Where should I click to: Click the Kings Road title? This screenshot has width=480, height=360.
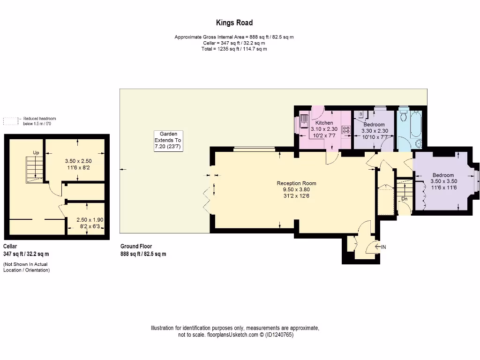(x=234, y=22)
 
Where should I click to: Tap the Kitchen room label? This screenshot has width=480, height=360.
(x=324, y=123)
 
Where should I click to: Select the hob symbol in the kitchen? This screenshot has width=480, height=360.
(x=346, y=130)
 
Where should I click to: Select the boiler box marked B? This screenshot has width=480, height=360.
(x=360, y=114)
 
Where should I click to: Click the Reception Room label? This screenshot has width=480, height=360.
(x=296, y=183)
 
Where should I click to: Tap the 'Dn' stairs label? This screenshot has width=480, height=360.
(x=404, y=199)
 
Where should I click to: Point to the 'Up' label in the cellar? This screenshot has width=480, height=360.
(x=36, y=153)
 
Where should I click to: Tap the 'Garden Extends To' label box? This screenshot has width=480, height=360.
(x=168, y=140)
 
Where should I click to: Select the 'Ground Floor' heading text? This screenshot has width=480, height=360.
(x=136, y=247)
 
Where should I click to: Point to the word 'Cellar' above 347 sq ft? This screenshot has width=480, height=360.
(x=10, y=247)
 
